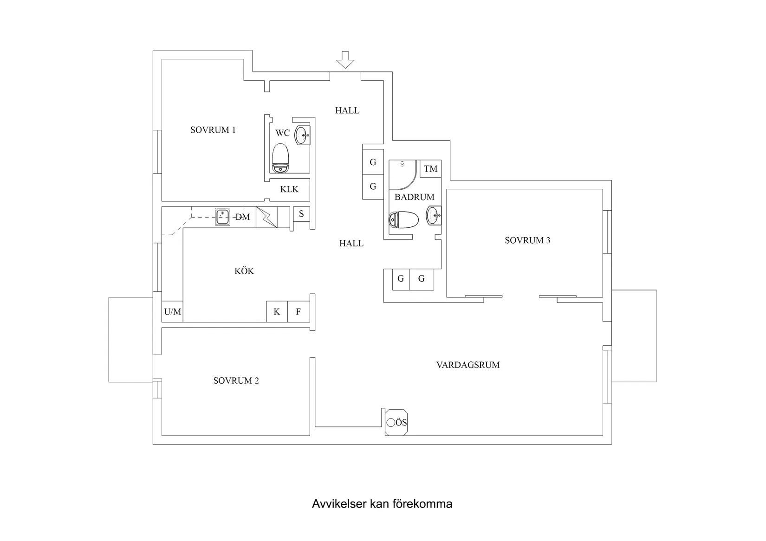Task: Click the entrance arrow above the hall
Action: point(345,60)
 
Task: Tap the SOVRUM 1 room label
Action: point(213,130)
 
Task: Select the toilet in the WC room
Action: point(280,157)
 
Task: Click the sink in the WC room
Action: point(302,135)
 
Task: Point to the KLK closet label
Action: point(289,189)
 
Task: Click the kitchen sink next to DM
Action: point(222,217)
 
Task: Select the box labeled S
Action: point(302,214)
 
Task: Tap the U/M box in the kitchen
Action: point(172,312)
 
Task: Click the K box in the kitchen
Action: point(277,312)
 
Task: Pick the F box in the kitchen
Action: point(299,312)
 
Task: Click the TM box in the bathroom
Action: point(430,169)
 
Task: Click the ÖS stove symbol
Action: point(396,422)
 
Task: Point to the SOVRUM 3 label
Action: point(527,240)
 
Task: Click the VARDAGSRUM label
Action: point(468,365)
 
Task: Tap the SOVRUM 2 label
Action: point(236,381)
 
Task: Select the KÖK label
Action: point(244,271)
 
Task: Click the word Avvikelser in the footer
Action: point(339,504)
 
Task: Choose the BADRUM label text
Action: point(414,197)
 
